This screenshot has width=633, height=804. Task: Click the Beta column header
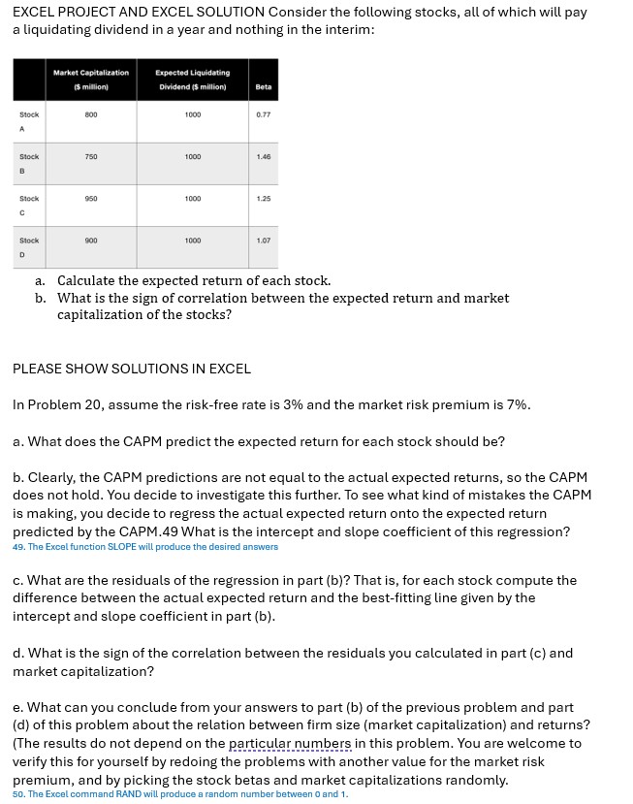(x=263, y=86)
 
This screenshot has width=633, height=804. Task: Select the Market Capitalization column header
(x=91, y=80)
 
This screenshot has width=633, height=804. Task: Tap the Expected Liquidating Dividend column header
(x=192, y=80)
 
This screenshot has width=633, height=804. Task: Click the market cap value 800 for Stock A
(x=91, y=114)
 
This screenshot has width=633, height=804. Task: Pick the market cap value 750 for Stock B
(x=91, y=156)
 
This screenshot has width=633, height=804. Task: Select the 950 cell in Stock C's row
(x=91, y=198)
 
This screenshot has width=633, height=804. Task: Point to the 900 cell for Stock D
(x=91, y=240)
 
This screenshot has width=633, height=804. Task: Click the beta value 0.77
(x=263, y=114)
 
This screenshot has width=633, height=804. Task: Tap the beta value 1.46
(x=263, y=156)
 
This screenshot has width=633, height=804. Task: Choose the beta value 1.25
(x=263, y=198)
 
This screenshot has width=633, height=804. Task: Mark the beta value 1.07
(x=263, y=240)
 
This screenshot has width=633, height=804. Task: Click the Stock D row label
(x=29, y=247)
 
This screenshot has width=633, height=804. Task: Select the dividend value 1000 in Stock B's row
(x=192, y=156)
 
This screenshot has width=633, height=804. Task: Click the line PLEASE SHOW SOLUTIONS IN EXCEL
(x=131, y=369)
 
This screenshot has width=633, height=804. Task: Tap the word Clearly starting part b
(x=54, y=478)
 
